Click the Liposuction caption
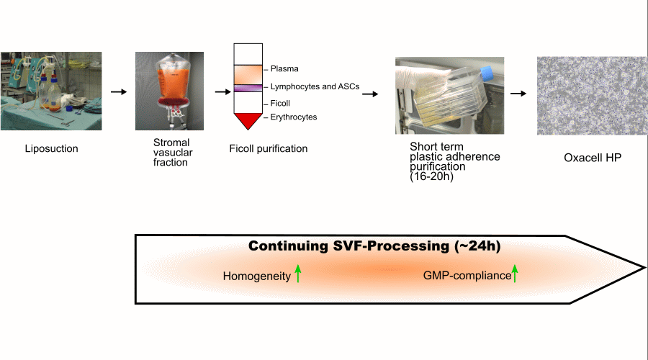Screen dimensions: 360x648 [50, 149]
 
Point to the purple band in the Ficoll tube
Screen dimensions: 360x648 [248, 88]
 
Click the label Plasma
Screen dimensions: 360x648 [284, 69]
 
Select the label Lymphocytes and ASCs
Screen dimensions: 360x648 [315, 87]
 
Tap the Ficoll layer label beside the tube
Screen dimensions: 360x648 [281, 104]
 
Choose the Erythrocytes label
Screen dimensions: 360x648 [294, 117]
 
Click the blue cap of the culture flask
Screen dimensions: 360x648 [487, 73]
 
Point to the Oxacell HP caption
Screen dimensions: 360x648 [592, 158]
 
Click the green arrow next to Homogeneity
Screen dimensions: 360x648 [298, 274]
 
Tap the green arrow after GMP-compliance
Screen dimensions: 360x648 [514, 274]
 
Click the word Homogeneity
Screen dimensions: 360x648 [256, 276]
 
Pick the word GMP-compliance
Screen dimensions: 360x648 [467, 276]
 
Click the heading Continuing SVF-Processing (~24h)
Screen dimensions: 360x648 [374, 246]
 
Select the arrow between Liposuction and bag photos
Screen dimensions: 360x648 [118, 92]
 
